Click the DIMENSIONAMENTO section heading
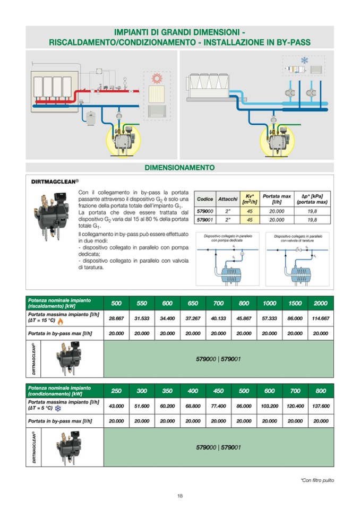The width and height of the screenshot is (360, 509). pos(179,168)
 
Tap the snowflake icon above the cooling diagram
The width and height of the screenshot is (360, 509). pos(304,60)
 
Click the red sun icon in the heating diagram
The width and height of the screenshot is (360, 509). pos(156,78)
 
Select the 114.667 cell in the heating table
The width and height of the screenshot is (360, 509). pos(321,319)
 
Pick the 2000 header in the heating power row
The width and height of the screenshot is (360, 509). pos(321,303)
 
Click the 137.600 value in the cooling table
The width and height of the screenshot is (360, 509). pos(321,406)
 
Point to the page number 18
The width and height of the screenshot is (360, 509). pos(180,496)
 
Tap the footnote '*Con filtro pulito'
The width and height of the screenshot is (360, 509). pos(317,480)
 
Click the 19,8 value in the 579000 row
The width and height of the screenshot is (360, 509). pos(312,211)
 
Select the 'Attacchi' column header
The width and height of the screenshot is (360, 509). pos(227,199)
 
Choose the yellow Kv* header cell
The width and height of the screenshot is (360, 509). pos(250,199)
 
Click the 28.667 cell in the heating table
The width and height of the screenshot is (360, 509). pos(116,319)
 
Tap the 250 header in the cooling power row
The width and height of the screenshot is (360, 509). pos(116,391)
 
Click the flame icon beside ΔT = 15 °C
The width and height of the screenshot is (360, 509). pos(60,322)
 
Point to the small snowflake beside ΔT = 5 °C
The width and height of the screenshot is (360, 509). pos(58,409)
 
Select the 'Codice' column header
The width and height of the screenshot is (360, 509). pos(205,199)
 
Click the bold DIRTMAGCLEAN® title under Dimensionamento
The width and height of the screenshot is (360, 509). pos(56,181)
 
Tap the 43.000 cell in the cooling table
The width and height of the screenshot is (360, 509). pos(116,406)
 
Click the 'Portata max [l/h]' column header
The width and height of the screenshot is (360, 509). pos(277,199)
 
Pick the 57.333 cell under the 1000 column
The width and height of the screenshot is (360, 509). pos(270,319)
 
